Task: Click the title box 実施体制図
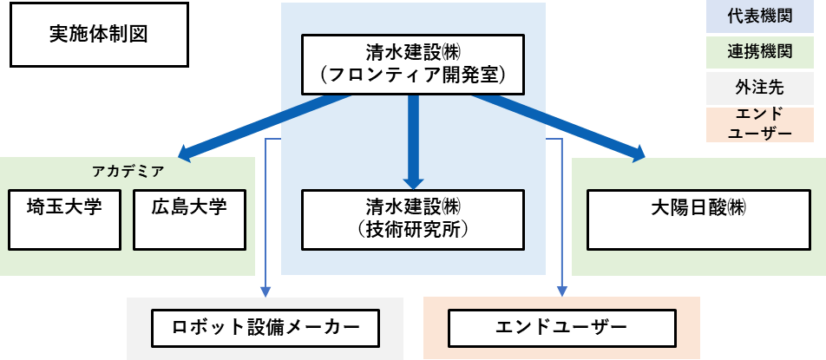click(x=100, y=35)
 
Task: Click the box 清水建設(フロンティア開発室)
click(x=413, y=64)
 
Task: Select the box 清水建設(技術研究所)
click(x=413, y=219)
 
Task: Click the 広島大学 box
click(x=188, y=219)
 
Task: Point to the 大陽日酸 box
click(x=698, y=219)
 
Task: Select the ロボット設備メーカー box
click(x=265, y=329)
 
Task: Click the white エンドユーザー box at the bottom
click(x=561, y=329)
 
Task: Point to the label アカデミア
click(x=128, y=171)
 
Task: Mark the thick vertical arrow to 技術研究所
click(x=413, y=139)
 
